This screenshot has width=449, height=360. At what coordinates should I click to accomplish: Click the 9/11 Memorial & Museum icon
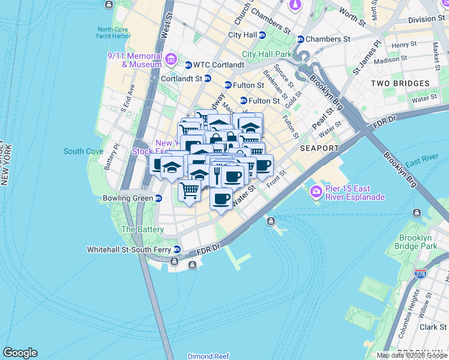point(170,59)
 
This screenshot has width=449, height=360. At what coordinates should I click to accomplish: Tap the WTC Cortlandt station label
point(218,65)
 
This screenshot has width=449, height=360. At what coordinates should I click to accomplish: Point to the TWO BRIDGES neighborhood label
point(400,83)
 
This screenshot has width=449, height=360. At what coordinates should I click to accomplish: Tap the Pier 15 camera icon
point(316,192)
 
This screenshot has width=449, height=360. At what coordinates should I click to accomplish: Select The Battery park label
point(142,229)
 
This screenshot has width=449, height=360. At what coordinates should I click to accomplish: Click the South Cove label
point(83,151)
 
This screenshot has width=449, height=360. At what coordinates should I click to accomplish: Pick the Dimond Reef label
point(208,356)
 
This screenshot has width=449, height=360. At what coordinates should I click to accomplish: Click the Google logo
point(20,353)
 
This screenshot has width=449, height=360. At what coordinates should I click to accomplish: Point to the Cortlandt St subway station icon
point(208,78)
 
